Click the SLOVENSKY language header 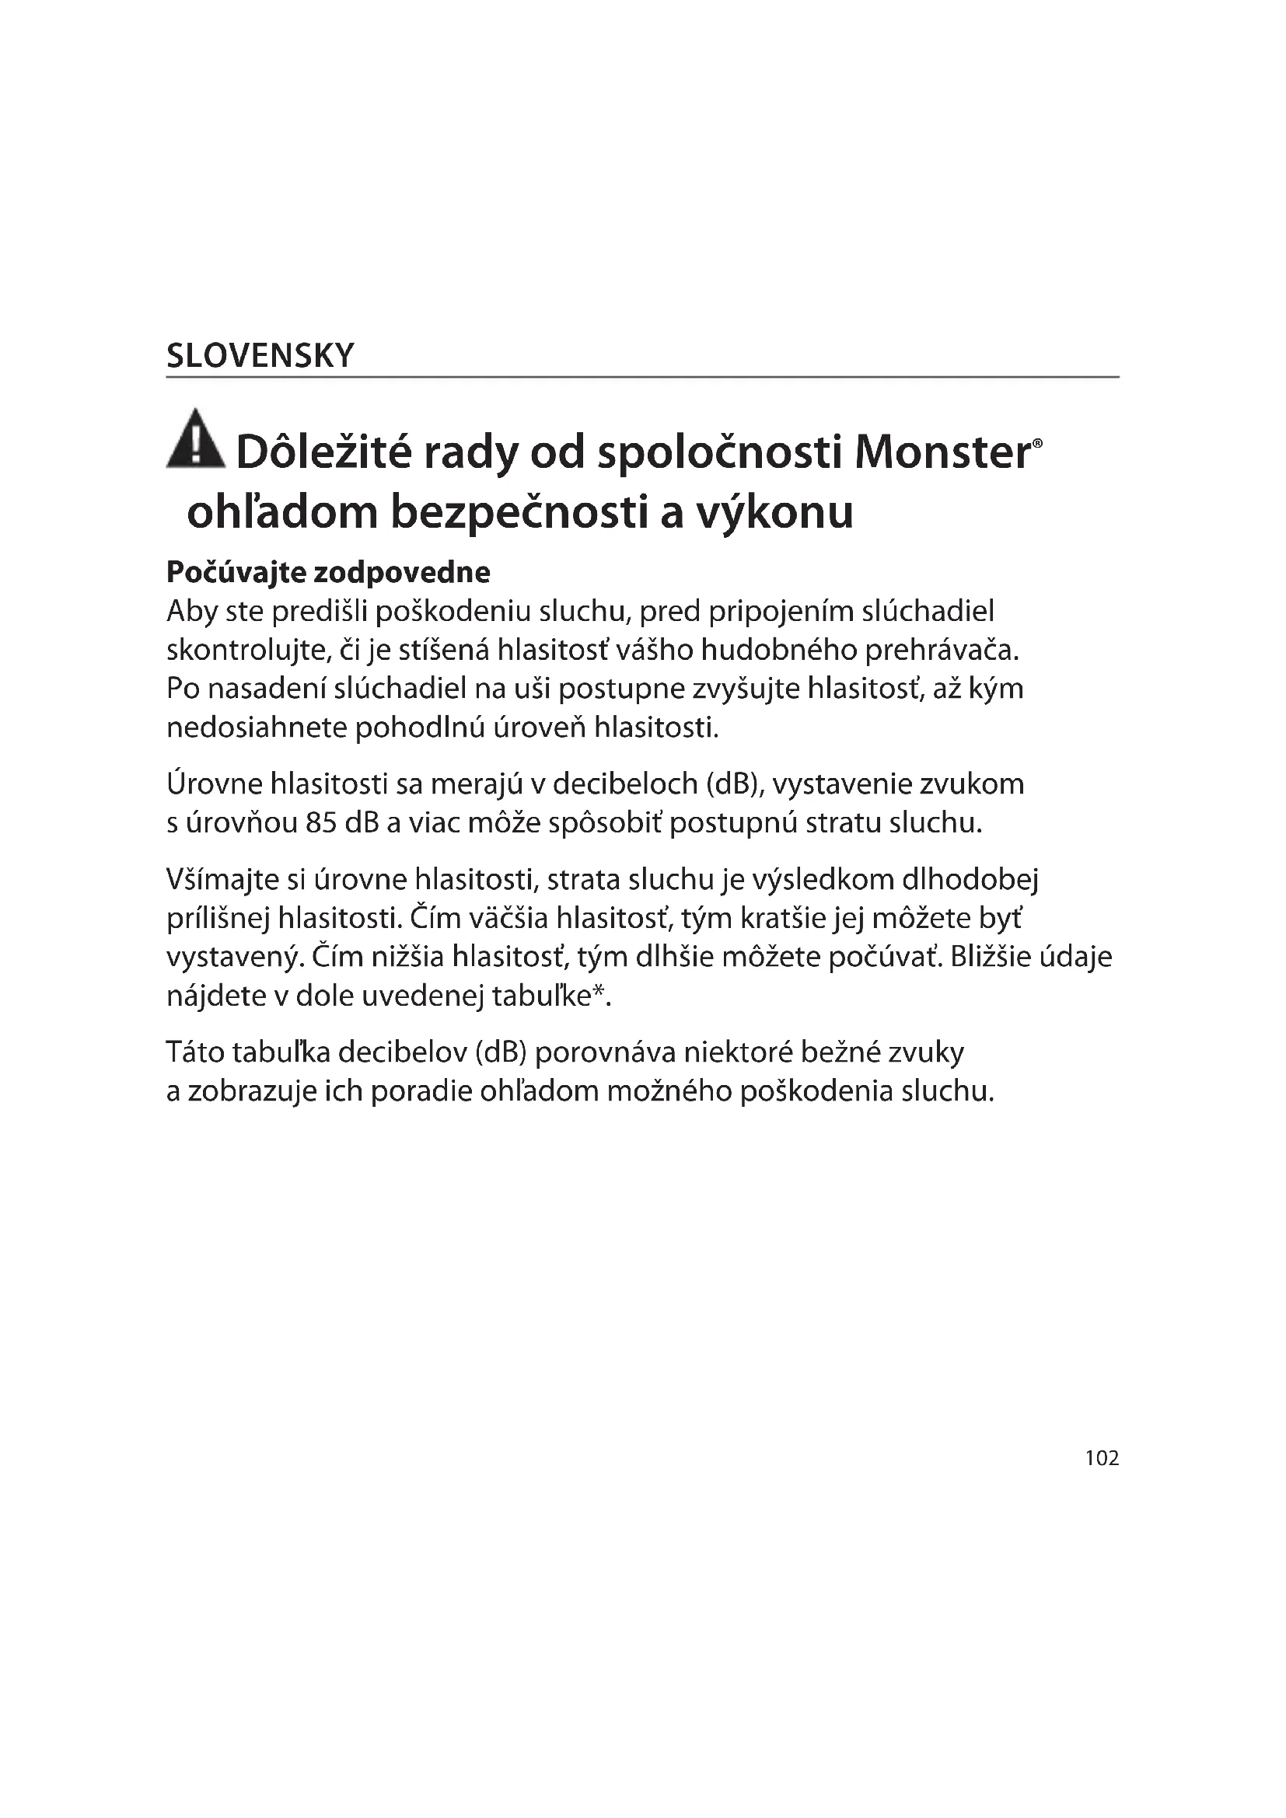point(260,356)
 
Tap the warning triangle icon point(196,438)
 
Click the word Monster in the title point(942,453)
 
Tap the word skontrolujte point(248,650)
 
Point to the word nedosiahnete point(256,727)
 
